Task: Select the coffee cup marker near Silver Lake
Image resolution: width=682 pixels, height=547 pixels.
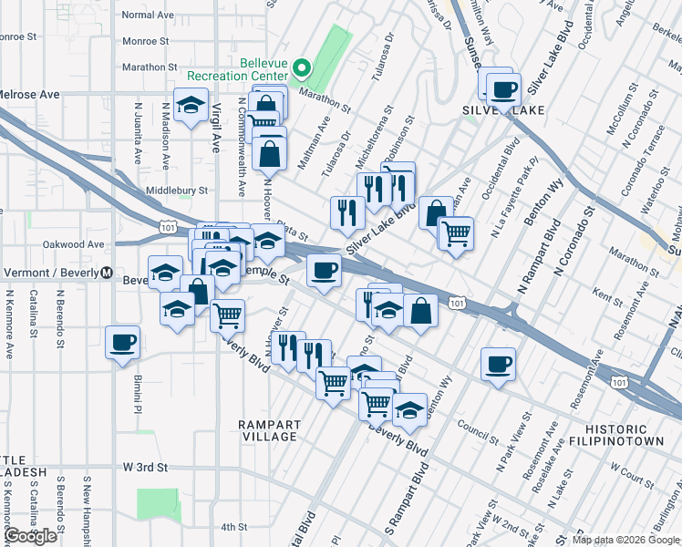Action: pyautogui.click(x=503, y=90)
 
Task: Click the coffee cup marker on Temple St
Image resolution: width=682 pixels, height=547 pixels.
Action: pyautogui.click(x=324, y=270)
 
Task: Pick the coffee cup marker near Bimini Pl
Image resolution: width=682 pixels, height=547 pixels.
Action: pyautogui.click(x=122, y=343)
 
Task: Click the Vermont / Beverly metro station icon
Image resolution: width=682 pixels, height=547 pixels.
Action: pyautogui.click(x=107, y=272)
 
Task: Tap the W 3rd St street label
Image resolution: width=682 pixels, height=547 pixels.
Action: pyautogui.click(x=146, y=467)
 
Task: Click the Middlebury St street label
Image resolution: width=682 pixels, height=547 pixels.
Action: pyautogui.click(x=178, y=191)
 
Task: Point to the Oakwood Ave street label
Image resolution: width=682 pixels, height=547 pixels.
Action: pyautogui.click(x=74, y=244)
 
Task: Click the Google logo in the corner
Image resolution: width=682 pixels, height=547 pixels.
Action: pyautogui.click(x=31, y=536)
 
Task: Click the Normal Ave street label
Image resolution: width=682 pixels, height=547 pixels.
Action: pyautogui.click(x=147, y=15)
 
